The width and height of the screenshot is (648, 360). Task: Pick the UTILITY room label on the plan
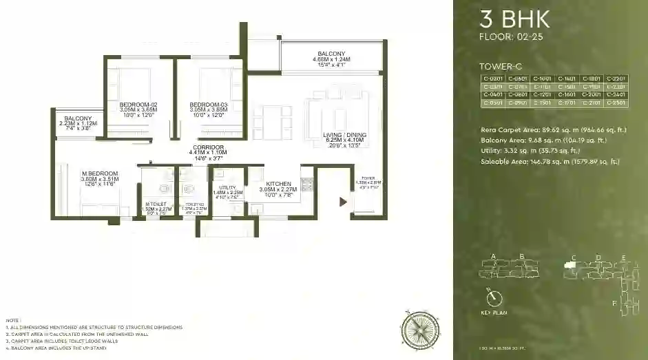coord(228,187)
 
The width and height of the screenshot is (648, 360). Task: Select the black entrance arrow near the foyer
coord(342,202)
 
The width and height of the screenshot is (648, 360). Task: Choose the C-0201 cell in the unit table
coord(493,79)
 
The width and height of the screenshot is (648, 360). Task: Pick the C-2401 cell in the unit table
coord(616,95)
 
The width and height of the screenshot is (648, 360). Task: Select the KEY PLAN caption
coord(494,313)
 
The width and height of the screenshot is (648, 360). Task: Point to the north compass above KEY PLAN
coord(493,298)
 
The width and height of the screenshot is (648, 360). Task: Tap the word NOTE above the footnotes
coord(12,320)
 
